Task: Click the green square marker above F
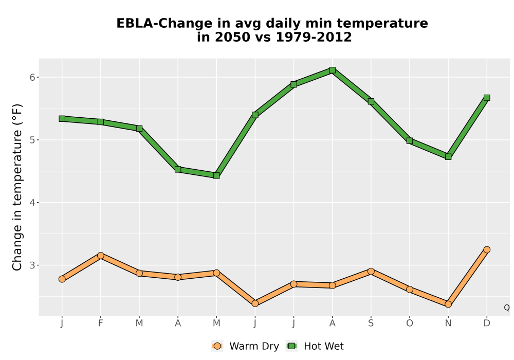(101, 122)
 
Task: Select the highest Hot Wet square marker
(333, 70)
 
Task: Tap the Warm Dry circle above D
(487, 249)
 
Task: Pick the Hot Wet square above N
(448, 157)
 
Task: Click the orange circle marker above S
(371, 271)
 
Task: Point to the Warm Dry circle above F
(101, 256)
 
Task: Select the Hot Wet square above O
(410, 140)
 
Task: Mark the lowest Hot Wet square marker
(216, 175)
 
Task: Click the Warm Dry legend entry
(245, 346)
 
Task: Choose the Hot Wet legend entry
(315, 346)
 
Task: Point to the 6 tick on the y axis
(32, 77)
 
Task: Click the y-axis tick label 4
(32, 203)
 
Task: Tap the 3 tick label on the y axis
(32, 265)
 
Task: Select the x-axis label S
(371, 323)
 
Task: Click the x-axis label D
(487, 323)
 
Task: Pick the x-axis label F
(101, 323)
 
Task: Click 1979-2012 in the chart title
(314, 37)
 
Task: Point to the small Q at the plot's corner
(507, 308)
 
